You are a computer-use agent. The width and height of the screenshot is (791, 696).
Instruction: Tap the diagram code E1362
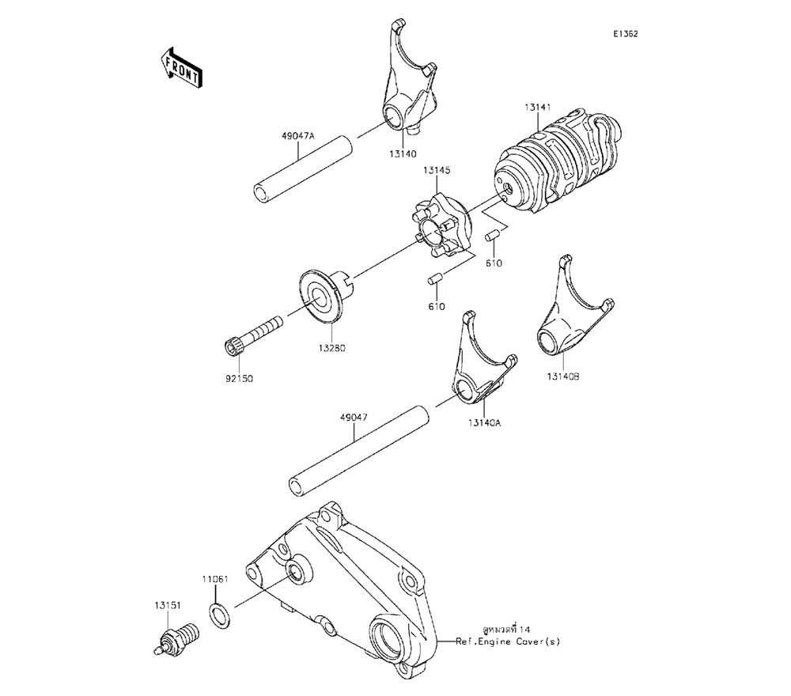[x=626, y=34]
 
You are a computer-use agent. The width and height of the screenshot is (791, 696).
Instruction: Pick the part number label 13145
[x=437, y=171]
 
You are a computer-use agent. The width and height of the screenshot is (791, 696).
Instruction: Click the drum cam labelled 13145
[x=440, y=227]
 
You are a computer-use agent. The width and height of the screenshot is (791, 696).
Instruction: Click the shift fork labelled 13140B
[x=573, y=316]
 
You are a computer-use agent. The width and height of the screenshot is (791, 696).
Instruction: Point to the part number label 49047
[x=354, y=418]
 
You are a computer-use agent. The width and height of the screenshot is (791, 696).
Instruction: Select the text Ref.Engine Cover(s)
[x=508, y=642]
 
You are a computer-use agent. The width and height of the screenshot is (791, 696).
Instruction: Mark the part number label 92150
[x=239, y=379]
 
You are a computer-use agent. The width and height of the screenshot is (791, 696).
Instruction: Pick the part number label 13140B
[x=563, y=376]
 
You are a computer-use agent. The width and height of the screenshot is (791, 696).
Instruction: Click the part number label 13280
[x=332, y=348]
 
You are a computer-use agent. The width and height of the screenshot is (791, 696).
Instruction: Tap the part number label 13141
[x=537, y=107]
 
